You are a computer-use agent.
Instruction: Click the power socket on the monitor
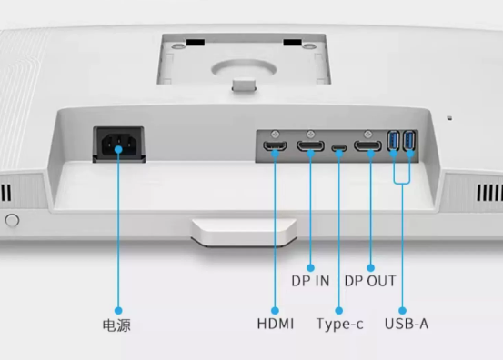coord(118,145)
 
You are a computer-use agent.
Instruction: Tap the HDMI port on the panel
coord(275,145)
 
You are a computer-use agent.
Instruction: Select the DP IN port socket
coord(310,145)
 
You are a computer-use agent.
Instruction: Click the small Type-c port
coord(339,148)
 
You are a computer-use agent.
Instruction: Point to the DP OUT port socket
coord(367,145)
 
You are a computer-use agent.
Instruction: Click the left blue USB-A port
coord(393,140)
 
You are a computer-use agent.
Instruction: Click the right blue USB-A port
coord(409,140)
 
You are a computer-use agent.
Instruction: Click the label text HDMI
coord(276,324)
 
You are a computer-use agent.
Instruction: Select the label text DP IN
coord(310,281)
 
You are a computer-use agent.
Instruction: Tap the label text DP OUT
coord(370,281)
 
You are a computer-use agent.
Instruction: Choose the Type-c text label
coord(339,325)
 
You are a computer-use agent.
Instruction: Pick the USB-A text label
coord(407,324)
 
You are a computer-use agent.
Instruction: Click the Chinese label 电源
coord(116,325)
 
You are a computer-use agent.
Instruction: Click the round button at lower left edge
coord(12,220)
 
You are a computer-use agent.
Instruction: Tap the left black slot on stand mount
coord(196,43)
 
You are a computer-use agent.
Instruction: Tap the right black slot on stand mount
coord(292,43)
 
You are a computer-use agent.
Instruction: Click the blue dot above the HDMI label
coord(275,310)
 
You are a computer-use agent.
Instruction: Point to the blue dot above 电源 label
coord(118,310)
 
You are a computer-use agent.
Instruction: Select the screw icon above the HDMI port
coord(275,134)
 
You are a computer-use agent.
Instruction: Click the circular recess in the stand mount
coord(244,68)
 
